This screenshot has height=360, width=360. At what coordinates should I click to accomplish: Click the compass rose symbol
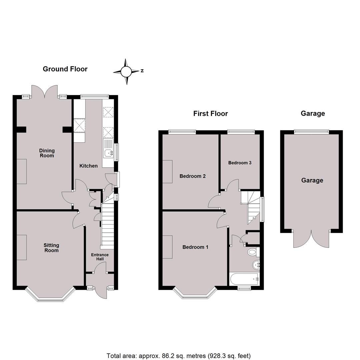pos(126,71)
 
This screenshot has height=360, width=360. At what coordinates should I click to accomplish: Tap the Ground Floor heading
pos(65,69)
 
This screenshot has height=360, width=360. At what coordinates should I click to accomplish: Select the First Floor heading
pos(210,113)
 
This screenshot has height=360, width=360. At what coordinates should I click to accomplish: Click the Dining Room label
pos(47,153)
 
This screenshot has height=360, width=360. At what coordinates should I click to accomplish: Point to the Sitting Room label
pos(51,248)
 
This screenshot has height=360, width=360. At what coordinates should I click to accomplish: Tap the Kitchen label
pos(88,166)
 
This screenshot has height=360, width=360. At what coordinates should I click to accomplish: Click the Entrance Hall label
pos(100,257)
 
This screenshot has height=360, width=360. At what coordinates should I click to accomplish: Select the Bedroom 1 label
pos(195,247)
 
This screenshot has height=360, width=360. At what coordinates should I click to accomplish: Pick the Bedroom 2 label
pos(192,176)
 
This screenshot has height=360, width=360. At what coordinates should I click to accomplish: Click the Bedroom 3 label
pos(240,163)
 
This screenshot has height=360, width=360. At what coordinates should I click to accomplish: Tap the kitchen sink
pos(108,153)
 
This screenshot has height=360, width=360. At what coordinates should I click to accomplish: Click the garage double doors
pos(311,238)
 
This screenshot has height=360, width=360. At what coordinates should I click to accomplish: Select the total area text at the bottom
pos(179,356)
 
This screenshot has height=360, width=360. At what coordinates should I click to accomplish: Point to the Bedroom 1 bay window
pos(195,294)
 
